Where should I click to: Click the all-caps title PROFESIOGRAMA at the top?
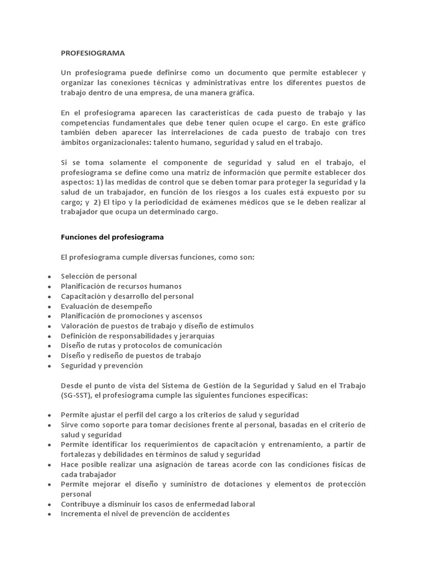(93, 53)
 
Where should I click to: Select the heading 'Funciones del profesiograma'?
(112, 237)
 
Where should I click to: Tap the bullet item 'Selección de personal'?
(98, 276)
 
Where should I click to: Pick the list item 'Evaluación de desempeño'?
(106, 306)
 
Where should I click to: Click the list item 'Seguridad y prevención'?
(102, 366)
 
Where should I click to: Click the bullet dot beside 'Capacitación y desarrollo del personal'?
(50, 297)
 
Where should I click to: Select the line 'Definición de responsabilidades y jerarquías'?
(137, 336)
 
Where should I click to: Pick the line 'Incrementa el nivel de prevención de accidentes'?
(145, 514)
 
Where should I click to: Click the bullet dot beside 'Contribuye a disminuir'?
(50, 505)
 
